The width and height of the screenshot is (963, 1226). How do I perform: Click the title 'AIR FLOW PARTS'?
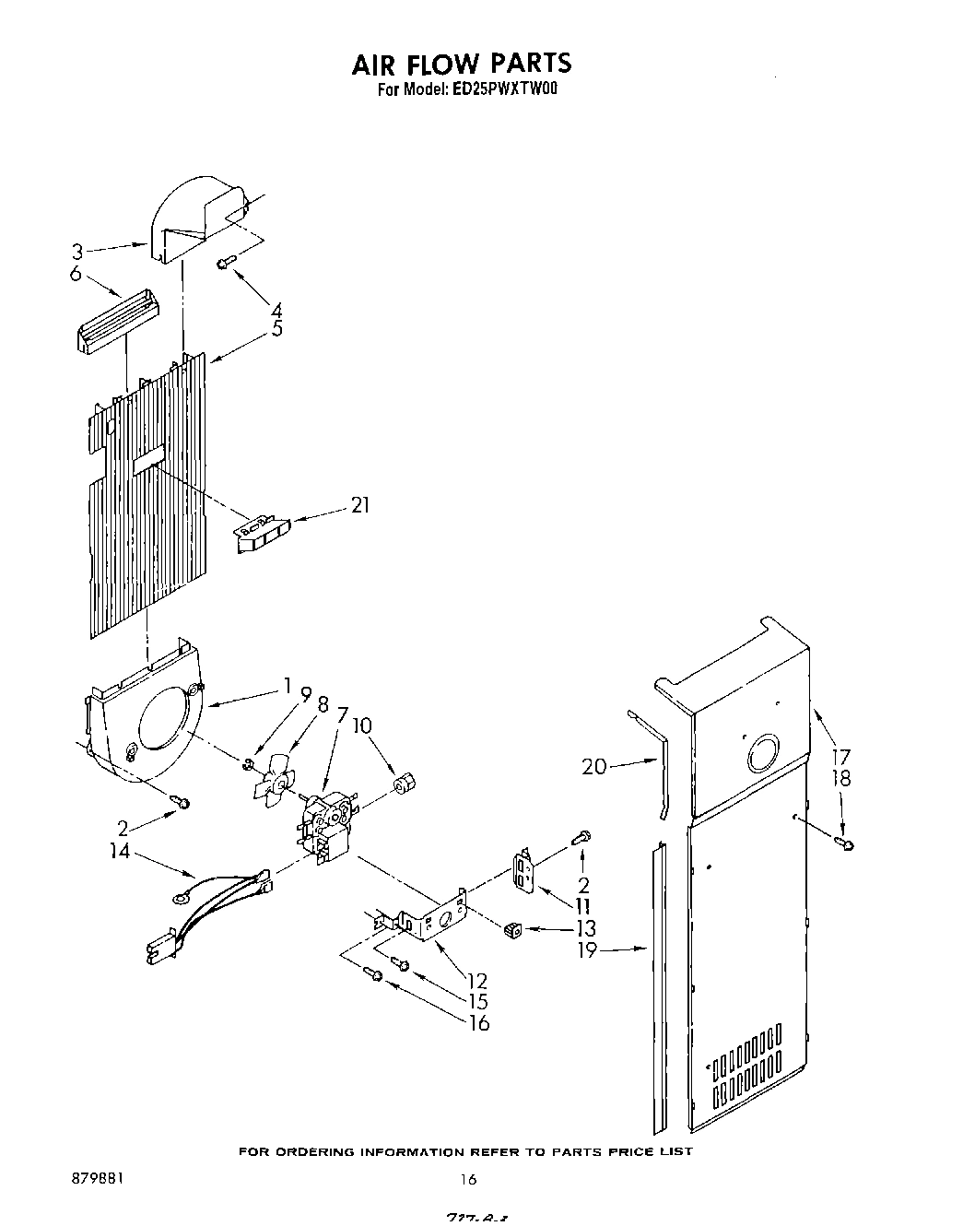pyautogui.click(x=461, y=63)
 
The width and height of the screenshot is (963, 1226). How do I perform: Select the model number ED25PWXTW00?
pyautogui.click(x=506, y=90)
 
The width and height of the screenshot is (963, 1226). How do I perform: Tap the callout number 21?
pyautogui.click(x=359, y=505)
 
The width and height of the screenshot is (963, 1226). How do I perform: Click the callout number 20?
pyautogui.click(x=594, y=765)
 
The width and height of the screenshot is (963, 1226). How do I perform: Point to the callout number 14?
pyautogui.click(x=120, y=851)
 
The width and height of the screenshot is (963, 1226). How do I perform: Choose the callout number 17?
pyautogui.click(x=841, y=756)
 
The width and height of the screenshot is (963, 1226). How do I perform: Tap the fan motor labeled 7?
pyautogui.click(x=323, y=826)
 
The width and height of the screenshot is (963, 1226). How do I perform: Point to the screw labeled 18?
pyautogui.click(x=844, y=843)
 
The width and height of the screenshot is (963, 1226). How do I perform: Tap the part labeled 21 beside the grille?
pyautogui.click(x=261, y=533)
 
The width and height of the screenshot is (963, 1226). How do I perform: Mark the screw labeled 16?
pyautogui.click(x=374, y=974)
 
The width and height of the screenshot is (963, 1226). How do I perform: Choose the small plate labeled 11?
pyautogui.click(x=523, y=871)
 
